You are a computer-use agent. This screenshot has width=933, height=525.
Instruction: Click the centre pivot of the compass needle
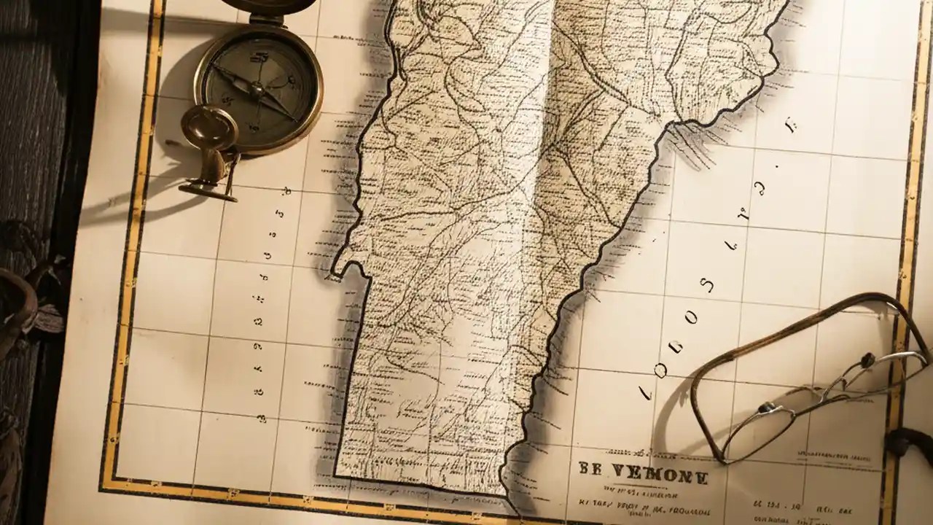[x=256, y=90]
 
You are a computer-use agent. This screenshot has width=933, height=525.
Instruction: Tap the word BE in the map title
[x=592, y=469]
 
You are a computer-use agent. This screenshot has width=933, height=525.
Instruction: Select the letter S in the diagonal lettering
[x=706, y=284]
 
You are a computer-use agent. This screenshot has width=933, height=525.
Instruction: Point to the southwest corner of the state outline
[x=336, y=475]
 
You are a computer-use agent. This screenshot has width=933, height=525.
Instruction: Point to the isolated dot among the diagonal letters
[x=778, y=167]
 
